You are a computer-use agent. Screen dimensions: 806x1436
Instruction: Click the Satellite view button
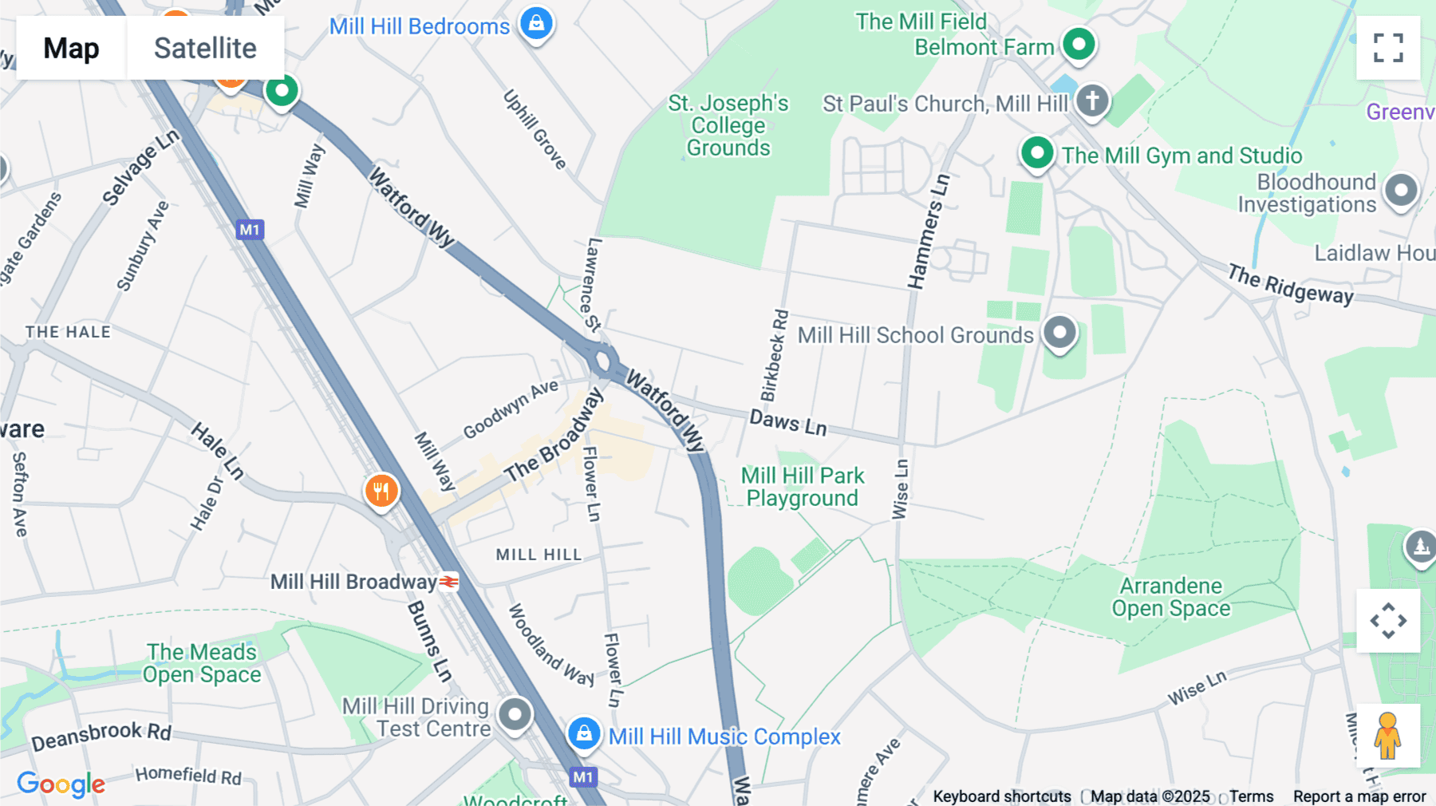tap(205, 48)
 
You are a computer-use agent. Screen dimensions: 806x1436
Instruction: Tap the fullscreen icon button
tap(1388, 48)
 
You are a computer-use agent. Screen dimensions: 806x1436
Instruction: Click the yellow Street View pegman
tap(1388, 736)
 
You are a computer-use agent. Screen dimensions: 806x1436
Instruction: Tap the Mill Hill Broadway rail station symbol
tap(449, 582)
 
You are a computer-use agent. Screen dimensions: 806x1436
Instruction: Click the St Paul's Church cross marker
tap(1092, 101)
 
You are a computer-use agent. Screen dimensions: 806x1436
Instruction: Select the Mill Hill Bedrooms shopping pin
tap(537, 23)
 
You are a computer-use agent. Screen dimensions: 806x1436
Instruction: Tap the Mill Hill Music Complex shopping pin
tap(584, 733)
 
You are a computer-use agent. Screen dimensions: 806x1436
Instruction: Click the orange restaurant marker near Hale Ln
tap(381, 491)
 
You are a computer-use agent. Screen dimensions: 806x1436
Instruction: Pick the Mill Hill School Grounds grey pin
tap(1059, 332)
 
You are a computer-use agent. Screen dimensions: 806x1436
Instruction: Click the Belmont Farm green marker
tap(1079, 44)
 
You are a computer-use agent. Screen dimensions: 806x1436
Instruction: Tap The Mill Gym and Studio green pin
tap(1037, 152)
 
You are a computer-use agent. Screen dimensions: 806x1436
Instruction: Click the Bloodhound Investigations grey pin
tap(1401, 192)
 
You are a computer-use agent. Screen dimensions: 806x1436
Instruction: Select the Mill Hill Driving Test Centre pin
tap(515, 714)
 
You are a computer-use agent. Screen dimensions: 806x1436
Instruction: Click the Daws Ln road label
tap(787, 422)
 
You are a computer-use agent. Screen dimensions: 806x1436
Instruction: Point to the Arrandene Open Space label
tap(1170, 597)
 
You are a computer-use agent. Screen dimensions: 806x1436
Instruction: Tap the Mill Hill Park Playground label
tap(802, 487)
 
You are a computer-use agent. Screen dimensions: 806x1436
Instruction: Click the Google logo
tap(61, 784)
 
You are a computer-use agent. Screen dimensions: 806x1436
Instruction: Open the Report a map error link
tap(1359, 796)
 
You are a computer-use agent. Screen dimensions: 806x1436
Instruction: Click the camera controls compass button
tap(1388, 621)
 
